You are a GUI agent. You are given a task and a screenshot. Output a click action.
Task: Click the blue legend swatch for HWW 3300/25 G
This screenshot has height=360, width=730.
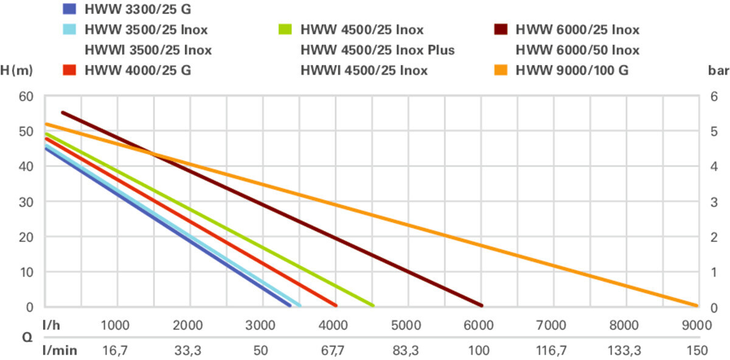point(69,9)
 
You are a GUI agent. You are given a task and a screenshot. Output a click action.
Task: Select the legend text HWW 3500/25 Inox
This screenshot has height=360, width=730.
point(146,29)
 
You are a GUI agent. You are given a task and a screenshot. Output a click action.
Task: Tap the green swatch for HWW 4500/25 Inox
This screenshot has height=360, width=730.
point(285,29)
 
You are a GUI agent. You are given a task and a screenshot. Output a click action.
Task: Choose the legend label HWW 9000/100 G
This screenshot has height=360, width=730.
point(572,70)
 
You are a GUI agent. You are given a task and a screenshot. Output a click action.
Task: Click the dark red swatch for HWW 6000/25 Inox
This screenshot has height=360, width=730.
point(500,29)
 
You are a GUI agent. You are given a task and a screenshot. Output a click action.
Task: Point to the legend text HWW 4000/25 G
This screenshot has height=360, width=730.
point(138,70)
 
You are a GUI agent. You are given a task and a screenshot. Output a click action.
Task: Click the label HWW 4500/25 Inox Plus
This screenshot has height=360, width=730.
point(378,50)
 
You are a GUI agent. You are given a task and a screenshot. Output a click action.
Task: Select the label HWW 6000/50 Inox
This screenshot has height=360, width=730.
point(577,50)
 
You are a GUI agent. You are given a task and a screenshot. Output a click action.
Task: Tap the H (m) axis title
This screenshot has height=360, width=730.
point(16,70)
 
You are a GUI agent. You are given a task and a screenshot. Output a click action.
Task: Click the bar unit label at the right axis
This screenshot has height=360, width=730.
point(715,70)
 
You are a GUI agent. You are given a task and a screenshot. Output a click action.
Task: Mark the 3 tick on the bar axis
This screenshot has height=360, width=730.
point(715,201)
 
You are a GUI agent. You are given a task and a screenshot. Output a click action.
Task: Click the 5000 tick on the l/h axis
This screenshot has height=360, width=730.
point(406,325)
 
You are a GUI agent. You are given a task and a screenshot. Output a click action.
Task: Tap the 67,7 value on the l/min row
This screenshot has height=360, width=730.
point(333,351)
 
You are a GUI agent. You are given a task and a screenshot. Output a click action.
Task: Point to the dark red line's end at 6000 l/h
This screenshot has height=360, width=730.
point(481,305)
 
